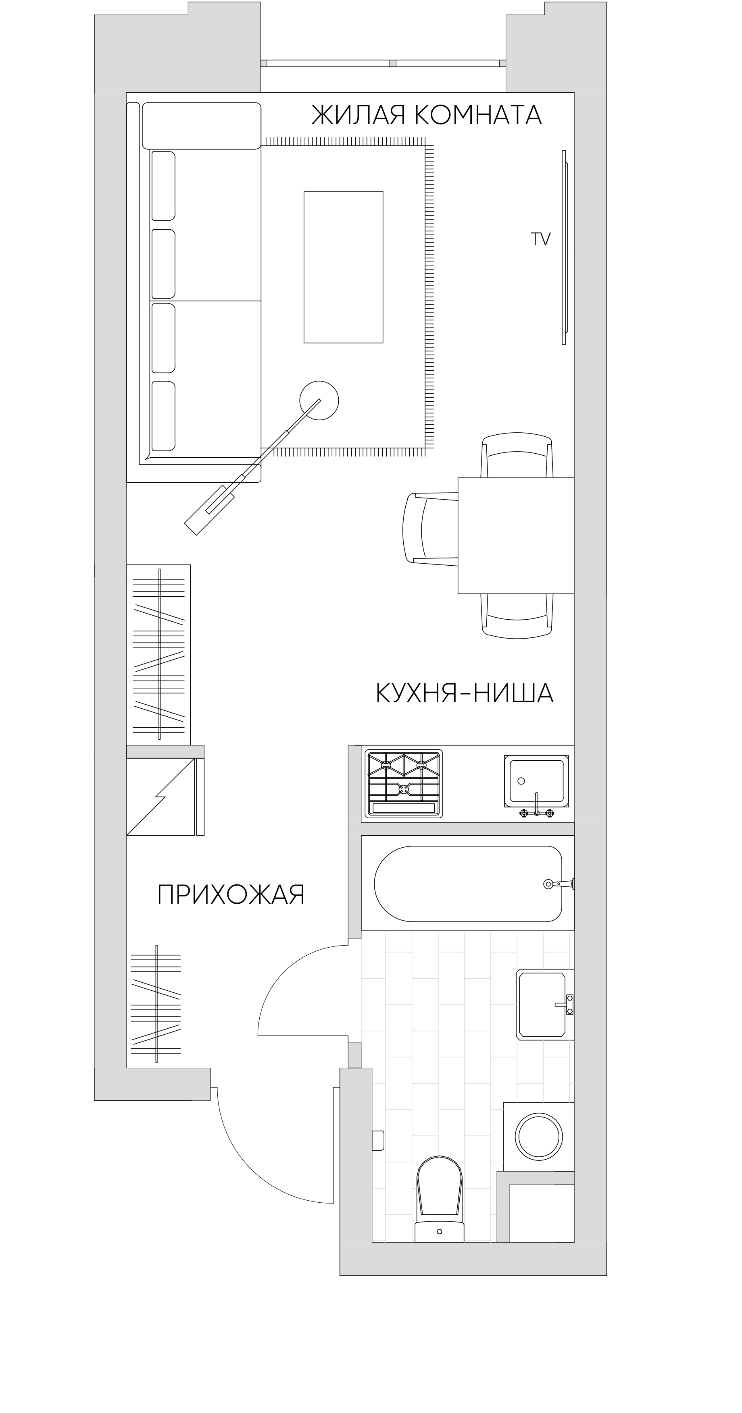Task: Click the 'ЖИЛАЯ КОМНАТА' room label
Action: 426,115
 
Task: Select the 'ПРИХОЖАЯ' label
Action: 231,894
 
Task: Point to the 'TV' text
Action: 541,239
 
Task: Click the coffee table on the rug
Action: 344,267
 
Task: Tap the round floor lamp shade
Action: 319,400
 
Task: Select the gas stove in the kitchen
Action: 404,783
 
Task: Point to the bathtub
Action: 468,883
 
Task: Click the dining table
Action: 516,535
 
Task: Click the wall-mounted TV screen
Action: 564,247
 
